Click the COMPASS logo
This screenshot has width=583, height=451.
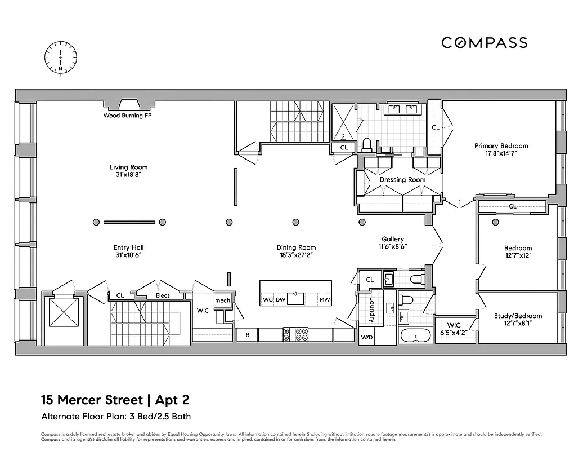point(484,43)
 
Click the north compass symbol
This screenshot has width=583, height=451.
point(61,57)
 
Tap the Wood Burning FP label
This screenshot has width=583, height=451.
point(127,116)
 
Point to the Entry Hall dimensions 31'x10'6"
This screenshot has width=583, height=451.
point(128,255)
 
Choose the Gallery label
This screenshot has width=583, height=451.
point(392,239)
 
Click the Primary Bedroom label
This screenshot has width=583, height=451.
point(501,145)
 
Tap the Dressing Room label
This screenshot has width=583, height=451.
point(402,180)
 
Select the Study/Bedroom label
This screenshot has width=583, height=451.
point(518,316)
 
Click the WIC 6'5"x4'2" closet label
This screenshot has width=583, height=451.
point(454,329)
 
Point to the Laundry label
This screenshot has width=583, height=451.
point(372,310)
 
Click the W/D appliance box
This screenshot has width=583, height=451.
point(366,337)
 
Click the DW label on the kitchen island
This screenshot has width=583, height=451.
point(280,300)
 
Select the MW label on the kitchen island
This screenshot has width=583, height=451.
point(324,300)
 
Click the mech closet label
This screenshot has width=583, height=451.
point(222,301)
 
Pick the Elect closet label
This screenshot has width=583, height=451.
point(162,295)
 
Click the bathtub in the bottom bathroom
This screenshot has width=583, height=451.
point(415,337)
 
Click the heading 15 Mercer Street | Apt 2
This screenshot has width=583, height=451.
point(115,401)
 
